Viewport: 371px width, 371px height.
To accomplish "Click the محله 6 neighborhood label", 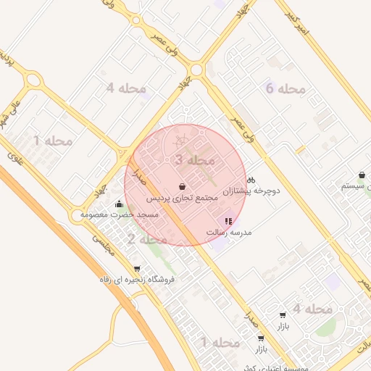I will [x=285, y=89].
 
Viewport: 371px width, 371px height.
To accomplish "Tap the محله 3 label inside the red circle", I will [x=194, y=159].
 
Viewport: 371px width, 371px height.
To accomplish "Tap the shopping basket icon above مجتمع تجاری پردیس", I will [x=180, y=186].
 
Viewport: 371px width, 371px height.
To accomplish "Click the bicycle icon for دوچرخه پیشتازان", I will [x=251, y=180].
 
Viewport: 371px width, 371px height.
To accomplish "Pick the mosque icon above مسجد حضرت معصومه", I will [x=119, y=204].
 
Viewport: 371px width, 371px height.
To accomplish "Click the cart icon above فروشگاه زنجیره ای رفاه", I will [x=137, y=268].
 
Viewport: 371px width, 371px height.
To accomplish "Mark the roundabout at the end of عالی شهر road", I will [x=31, y=79].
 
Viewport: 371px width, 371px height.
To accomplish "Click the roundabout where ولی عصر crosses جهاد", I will [x=195, y=70].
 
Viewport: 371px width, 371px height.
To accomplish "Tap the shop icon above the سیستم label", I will [x=362, y=175].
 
